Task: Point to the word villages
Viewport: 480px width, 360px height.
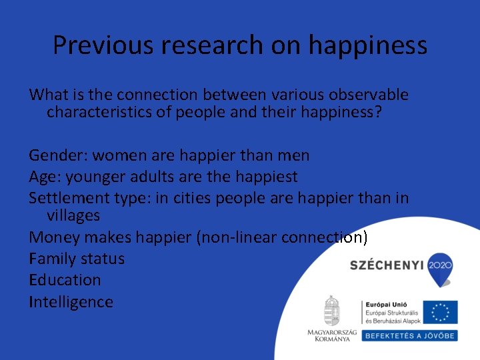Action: [73, 215]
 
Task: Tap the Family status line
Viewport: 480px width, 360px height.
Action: [77, 259]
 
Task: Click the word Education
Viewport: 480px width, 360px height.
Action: [65, 280]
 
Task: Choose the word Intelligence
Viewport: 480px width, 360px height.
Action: [71, 302]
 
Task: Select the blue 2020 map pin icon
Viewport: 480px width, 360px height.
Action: [439, 265]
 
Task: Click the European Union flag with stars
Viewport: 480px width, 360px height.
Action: [440, 312]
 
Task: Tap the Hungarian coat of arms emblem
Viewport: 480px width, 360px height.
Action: [331, 311]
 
